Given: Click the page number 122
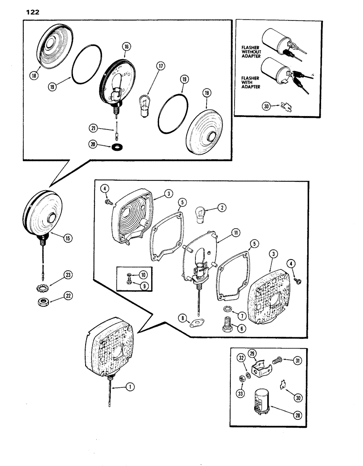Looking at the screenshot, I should [x=29, y=13].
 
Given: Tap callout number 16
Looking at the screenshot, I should [x=126, y=47].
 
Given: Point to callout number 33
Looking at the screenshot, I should [x=242, y=383].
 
